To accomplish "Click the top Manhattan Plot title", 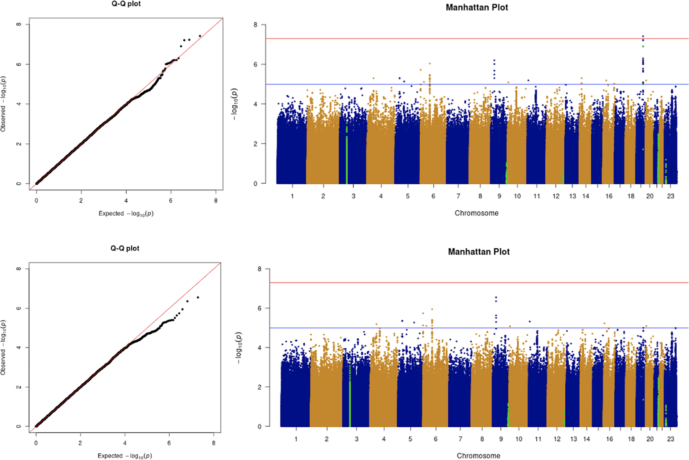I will (477, 7).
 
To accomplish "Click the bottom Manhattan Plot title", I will (479, 252).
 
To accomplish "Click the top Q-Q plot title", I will (126, 4).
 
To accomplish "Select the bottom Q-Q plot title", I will (125, 249).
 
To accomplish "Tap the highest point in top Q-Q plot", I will (200, 36).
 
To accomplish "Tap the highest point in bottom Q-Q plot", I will (198, 297).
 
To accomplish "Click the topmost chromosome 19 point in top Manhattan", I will (643, 36).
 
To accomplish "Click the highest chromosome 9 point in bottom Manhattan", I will (496, 298).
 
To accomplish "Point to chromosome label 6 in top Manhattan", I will (433, 196).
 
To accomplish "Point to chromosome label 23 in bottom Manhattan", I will (670, 439).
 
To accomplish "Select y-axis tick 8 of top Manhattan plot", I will (256, 24).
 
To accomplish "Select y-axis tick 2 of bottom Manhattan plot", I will (259, 387).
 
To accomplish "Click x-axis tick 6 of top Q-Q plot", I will (171, 200).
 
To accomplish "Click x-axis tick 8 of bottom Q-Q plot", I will (213, 443).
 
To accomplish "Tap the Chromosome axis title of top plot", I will (476, 213).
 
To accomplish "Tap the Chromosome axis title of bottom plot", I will (478, 456).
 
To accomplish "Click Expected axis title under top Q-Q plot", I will (126, 213).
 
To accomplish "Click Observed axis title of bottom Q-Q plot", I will (3, 348).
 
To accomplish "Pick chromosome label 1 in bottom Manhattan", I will (296, 439).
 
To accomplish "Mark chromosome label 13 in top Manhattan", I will (572, 196).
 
